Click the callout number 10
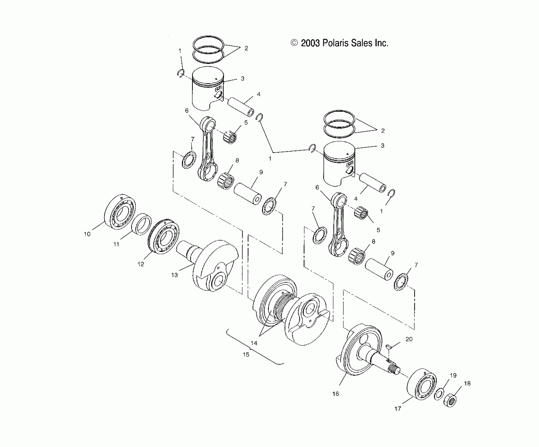point(87,234)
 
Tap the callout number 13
point(174,275)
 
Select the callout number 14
point(254,343)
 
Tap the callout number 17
point(398,416)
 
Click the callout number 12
point(141,264)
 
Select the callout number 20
point(409,339)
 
